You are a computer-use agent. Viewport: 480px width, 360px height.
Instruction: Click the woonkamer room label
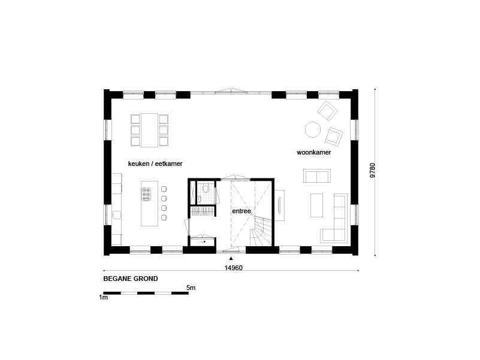click(x=314, y=153)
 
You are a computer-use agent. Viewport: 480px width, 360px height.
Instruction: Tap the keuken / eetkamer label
click(x=155, y=164)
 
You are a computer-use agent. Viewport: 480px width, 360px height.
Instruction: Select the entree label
click(x=241, y=211)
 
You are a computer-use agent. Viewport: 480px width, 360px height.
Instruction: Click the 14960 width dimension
click(x=233, y=268)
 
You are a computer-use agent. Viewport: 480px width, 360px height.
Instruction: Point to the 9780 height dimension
click(x=372, y=171)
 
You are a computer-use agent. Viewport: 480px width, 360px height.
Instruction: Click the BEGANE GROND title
click(x=131, y=279)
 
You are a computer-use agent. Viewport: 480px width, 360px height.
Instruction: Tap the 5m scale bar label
click(x=191, y=288)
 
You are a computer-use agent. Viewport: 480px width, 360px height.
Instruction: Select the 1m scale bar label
click(x=104, y=297)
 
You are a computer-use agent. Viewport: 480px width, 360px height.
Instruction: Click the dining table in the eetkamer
click(x=149, y=130)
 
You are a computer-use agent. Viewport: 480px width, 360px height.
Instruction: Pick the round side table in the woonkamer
click(x=313, y=129)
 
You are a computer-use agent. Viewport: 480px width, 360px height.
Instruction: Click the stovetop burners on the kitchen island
click(x=146, y=195)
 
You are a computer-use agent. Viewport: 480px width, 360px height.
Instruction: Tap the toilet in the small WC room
click(x=206, y=187)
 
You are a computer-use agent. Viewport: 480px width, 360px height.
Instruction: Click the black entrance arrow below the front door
click(x=231, y=258)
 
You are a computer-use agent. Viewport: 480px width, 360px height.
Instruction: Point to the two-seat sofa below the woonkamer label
click(x=317, y=176)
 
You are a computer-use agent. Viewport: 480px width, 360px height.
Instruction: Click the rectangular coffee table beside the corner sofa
click(x=317, y=205)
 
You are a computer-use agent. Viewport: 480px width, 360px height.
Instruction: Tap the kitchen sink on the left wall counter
click(x=117, y=214)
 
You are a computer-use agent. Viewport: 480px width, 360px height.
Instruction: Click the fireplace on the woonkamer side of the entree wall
click(x=279, y=205)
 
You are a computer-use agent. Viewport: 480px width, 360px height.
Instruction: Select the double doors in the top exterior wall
click(x=231, y=91)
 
